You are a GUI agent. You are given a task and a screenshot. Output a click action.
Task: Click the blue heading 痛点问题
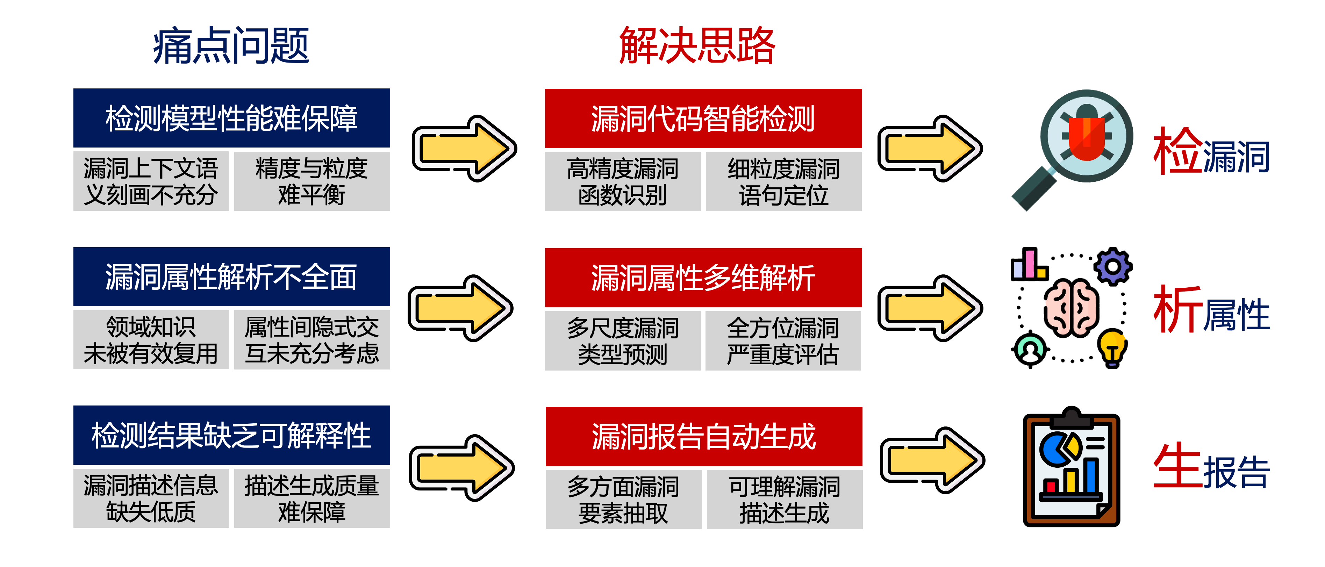tap(231, 46)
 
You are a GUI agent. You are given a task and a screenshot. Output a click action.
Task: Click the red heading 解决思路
tap(697, 46)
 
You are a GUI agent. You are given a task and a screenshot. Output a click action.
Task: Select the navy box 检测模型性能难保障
tap(231, 119)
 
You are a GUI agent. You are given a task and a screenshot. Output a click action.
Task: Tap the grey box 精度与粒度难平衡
tap(312, 181)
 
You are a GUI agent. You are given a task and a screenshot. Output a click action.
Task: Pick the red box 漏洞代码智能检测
tap(703, 119)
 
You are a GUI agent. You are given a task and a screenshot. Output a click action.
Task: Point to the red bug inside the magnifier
tap(1086, 136)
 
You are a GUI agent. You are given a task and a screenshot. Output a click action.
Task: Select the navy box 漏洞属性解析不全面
tap(231, 277)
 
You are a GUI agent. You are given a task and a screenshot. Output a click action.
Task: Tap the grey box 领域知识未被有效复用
tap(151, 339)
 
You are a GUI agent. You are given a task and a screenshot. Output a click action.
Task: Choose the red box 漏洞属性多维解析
tap(703, 278)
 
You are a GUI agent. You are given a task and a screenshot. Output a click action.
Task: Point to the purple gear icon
tap(1112, 266)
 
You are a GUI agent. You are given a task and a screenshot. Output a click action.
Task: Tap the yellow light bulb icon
tap(1112, 347)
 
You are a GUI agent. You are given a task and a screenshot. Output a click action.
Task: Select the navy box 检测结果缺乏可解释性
tap(231, 435)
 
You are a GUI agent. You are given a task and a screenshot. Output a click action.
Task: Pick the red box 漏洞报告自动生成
tap(704, 436)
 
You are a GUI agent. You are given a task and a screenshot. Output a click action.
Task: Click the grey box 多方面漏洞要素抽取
tap(623, 499)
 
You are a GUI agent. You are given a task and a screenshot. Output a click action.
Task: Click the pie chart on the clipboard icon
tap(1059, 448)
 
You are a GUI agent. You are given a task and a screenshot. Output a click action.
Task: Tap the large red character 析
tap(1178, 310)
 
